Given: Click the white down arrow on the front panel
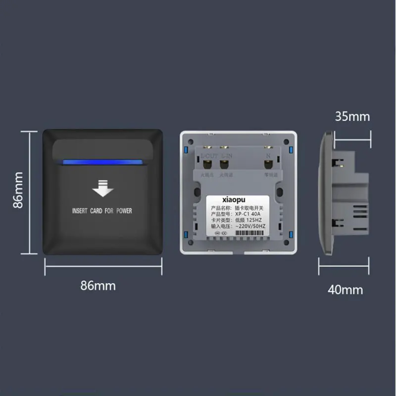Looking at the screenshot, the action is point(102,190).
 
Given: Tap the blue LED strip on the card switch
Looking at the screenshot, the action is point(102,161).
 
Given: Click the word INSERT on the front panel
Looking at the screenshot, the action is point(80,211).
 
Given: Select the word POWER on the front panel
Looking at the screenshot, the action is point(124,211).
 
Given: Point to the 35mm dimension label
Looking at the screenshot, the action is point(352,117).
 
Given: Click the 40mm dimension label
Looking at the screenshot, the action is point(345,290).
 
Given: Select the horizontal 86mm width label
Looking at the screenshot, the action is point(98,286).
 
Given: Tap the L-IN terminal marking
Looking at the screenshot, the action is point(226,156).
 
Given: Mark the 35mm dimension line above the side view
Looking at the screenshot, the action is point(352,132).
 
